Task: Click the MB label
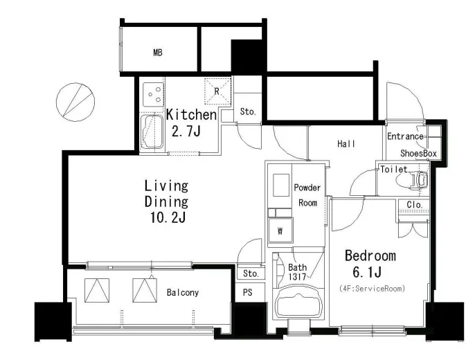pyautogui.click(x=158, y=53)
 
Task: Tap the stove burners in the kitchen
pyautogui.click(x=154, y=94)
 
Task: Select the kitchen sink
pyautogui.click(x=152, y=132)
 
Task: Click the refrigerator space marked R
pyautogui.click(x=217, y=91)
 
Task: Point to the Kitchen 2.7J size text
pyautogui.click(x=191, y=123)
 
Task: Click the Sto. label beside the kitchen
pyautogui.click(x=248, y=111)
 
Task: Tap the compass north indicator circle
pyautogui.click(x=75, y=102)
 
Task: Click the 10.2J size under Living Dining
pyautogui.click(x=168, y=217)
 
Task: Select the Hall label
pyautogui.click(x=346, y=143)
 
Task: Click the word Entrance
pyautogui.click(x=405, y=136)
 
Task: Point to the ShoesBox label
pyautogui.click(x=418, y=153)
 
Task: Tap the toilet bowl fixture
pyautogui.click(x=413, y=179)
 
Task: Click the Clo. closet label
pyautogui.click(x=414, y=205)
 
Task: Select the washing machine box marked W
pyautogui.click(x=280, y=230)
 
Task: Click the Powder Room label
pyautogui.click(x=307, y=195)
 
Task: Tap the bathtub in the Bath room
pyautogui.click(x=298, y=301)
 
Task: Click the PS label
pyautogui.click(x=247, y=292)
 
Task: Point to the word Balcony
pyautogui.click(x=183, y=292)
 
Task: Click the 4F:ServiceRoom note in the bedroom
pyautogui.click(x=373, y=289)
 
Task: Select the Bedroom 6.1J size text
pyautogui.click(x=370, y=264)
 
